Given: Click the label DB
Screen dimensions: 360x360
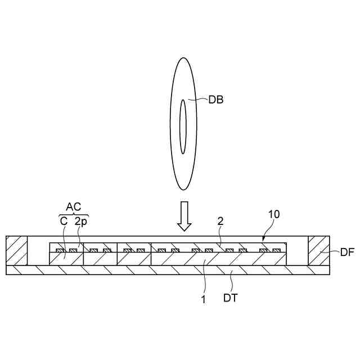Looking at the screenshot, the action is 216,101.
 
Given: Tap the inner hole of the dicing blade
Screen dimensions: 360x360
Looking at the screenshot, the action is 182,127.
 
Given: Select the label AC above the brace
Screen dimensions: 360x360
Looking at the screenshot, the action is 74,208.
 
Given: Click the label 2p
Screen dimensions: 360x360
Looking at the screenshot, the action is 81,222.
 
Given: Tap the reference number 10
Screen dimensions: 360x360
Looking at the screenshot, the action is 273,214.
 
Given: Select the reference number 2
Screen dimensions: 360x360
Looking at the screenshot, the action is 220,222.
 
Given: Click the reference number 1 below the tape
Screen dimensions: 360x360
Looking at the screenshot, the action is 204,299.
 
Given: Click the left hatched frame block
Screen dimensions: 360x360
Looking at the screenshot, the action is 16,251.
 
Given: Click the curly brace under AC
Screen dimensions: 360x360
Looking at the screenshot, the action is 74,214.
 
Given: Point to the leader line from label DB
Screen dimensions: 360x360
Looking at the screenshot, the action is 200,101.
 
